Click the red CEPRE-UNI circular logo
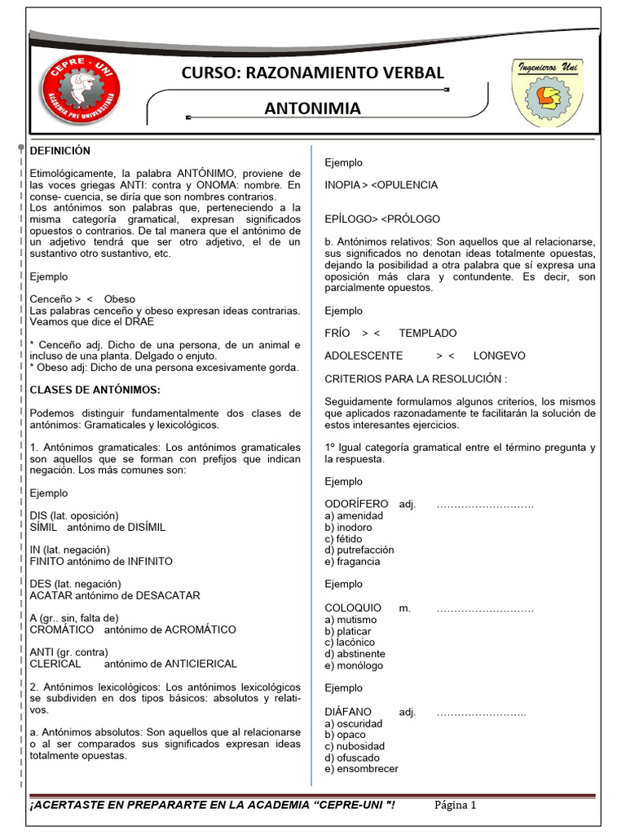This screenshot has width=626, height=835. (x=82, y=91)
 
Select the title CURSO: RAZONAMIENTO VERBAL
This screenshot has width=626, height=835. (x=313, y=73)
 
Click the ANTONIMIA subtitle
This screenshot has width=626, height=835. (x=313, y=108)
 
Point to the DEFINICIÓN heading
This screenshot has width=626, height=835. (x=60, y=151)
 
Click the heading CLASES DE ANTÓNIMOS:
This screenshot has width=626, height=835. (x=95, y=389)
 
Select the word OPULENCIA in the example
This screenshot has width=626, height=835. (x=407, y=185)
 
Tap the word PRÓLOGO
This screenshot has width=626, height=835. (x=413, y=219)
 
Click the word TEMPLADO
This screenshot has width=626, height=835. (x=428, y=333)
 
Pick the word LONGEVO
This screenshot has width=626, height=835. (x=499, y=356)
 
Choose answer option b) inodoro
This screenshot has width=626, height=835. (x=348, y=528)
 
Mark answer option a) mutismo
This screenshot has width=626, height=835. (x=349, y=620)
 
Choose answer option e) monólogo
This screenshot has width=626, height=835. (x=353, y=665)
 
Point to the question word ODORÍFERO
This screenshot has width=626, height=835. (x=356, y=504)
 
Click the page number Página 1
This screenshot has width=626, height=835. (x=455, y=806)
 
